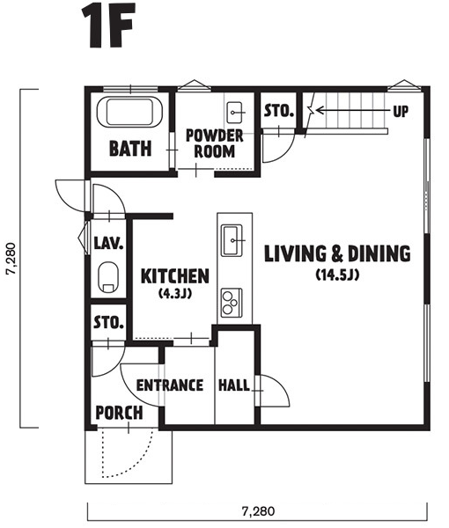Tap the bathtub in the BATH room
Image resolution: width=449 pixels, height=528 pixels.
129,112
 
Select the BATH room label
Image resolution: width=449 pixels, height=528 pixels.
130,149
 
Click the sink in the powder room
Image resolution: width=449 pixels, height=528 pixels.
234,113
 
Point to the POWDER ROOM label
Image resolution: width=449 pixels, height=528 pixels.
215,143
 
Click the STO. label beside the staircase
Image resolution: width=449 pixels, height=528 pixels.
278,111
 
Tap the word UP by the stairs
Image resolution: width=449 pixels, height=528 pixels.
401,111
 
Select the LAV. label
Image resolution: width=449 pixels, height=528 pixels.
108,243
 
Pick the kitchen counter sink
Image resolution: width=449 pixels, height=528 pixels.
232,240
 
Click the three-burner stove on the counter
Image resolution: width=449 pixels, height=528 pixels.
232,303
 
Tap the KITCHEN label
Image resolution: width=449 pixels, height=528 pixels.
175,276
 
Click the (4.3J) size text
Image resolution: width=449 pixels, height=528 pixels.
175,294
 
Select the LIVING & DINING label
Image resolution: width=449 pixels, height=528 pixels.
337,253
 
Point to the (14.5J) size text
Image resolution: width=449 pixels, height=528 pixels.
337,275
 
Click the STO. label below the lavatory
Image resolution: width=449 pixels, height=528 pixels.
108,322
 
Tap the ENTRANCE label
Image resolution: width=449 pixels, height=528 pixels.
170,385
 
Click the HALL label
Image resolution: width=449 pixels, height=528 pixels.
234,385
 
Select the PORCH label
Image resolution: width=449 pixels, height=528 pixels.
119,413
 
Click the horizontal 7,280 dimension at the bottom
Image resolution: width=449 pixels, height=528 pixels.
258,511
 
